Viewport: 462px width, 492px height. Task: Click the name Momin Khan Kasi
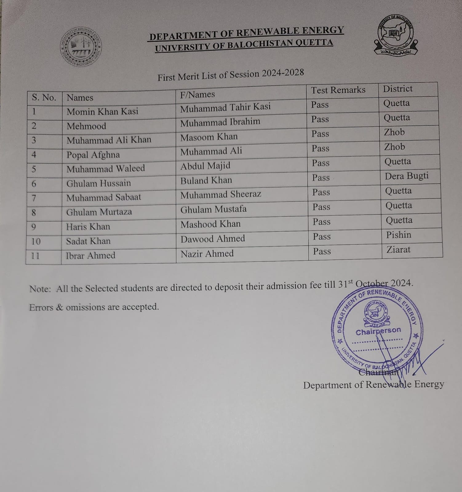coord(102,111)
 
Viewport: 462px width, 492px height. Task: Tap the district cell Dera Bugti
coord(406,176)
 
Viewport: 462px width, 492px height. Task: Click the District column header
coord(397,89)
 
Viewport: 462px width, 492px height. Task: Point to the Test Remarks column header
coord(338,90)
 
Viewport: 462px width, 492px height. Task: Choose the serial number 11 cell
coord(35,256)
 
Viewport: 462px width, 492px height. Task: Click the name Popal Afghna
coord(93,155)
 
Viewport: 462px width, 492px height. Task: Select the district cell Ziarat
coord(398,250)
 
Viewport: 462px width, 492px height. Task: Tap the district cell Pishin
coord(398,235)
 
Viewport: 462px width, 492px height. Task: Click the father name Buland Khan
coord(206,181)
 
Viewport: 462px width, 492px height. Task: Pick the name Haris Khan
coord(88,227)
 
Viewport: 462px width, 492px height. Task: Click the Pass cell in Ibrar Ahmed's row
coord(322,252)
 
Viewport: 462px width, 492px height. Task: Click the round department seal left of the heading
coord(81,47)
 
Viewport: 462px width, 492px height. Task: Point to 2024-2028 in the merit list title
coord(283,73)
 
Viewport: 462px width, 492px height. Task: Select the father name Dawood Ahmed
coord(213,239)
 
